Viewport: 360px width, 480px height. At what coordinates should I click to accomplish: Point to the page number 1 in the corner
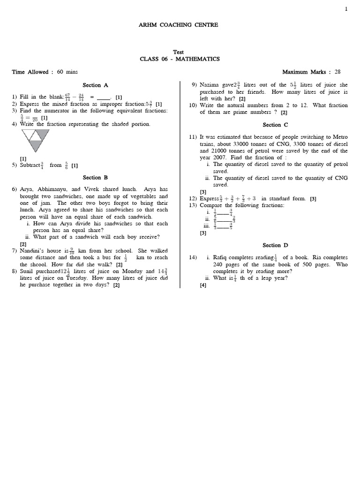(x=346, y=9)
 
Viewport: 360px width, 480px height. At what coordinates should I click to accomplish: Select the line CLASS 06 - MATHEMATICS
(x=180, y=59)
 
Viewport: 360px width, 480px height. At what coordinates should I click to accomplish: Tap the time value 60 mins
(x=67, y=72)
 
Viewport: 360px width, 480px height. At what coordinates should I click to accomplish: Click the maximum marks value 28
(x=337, y=72)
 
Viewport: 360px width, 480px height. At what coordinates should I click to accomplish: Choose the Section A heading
(x=95, y=85)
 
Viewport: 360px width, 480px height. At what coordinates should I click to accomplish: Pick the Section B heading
(x=95, y=178)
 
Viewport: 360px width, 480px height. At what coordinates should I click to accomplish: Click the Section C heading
(x=272, y=125)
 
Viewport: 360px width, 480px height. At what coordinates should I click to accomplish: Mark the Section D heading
(x=272, y=245)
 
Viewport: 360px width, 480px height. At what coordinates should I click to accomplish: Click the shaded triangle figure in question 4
(x=34, y=140)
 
